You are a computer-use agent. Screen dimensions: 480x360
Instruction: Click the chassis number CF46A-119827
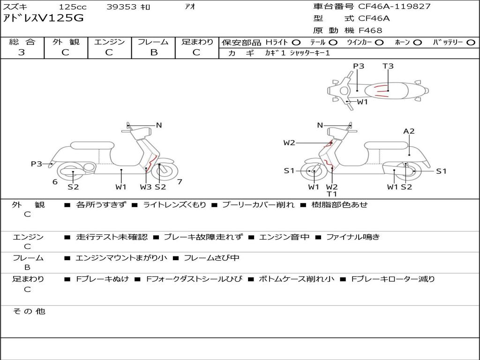tap(394, 6)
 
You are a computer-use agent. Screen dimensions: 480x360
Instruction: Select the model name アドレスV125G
tap(43, 18)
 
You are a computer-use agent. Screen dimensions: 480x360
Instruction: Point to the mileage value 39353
tap(121, 7)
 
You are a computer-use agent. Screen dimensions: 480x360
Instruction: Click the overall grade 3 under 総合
tap(22, 52)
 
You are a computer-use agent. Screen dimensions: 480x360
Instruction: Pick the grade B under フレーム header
tap(154, 52)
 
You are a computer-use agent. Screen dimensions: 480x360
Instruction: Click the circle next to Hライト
tap(296, 43)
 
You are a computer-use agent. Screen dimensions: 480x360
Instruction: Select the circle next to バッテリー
tap(471, 43)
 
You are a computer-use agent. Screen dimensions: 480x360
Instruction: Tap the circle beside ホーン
tap(418, 43)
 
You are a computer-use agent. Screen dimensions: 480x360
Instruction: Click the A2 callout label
tap(409, 131)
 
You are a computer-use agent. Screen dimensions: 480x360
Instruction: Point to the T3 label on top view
tap(388, 66)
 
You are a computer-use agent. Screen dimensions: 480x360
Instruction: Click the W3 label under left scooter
tap(146, 187)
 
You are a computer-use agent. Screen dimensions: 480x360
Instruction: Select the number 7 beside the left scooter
tap(180, 182)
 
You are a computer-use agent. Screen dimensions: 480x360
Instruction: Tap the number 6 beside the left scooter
tap(55, 182)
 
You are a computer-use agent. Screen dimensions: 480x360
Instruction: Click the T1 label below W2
tap(332, 194)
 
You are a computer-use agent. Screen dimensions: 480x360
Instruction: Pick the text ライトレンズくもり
tap(175, 205)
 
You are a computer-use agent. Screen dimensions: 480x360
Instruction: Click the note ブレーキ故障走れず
tap(203, 237)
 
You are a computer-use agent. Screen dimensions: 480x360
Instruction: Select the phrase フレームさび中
tap(211, 258)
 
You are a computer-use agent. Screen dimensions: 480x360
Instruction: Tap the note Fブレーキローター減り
tap(393, 279)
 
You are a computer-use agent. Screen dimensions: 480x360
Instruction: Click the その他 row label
tap(29, 311)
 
